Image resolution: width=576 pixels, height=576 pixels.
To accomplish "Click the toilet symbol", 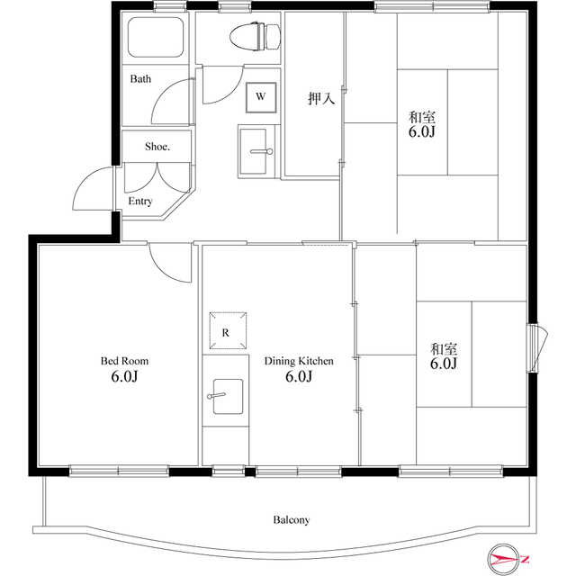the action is click(256, 36).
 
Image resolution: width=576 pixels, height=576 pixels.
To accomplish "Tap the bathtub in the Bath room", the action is click(156, 37).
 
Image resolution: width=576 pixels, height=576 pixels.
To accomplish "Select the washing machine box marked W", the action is click(261, 97).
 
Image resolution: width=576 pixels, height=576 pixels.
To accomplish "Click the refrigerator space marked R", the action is click(228, 330).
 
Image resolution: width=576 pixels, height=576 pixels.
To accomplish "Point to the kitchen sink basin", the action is click(228, 396).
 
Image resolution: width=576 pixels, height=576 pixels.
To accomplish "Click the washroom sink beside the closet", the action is click(253, 151).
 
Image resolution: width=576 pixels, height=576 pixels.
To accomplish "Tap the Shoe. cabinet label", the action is click(157, 147).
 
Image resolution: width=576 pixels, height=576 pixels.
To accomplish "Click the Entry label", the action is click(140, 202).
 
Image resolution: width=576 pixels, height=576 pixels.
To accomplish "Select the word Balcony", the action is click(292, 520).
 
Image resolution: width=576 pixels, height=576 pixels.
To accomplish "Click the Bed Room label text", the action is click(124, 361).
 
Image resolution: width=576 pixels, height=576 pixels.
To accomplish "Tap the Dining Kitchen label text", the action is click(299, 361).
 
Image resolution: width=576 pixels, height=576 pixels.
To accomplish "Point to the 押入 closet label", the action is click(321, 98).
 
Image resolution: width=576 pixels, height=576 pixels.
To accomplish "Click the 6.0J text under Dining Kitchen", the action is click(299, 376).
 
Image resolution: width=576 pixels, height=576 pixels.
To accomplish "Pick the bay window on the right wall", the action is click(537, 347).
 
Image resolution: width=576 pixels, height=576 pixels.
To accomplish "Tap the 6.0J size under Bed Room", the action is click(124, 376).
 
